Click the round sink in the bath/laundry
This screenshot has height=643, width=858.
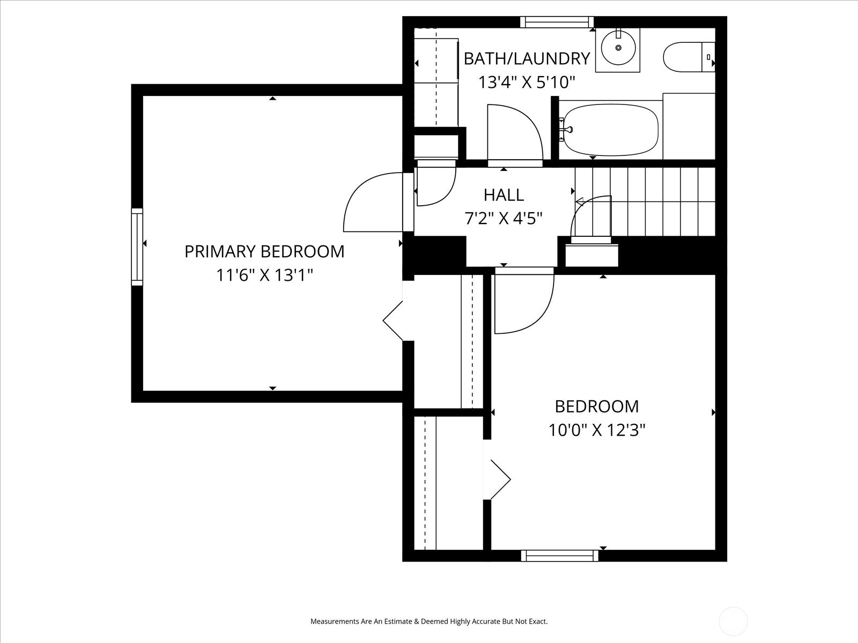tap(618, 48)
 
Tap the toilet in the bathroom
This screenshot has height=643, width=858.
tap(689, 57)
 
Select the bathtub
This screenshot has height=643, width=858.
tap(611, 130)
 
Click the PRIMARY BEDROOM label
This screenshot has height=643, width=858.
tap(264, 251)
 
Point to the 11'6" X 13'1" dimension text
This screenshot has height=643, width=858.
tap(264, 275)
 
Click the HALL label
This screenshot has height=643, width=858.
tap(504, 195)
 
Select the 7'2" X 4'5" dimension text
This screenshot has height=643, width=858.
tap(504, 219)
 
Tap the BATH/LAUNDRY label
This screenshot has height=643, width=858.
tap(527, 58)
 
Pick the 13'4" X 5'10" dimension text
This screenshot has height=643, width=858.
tap(527, 83)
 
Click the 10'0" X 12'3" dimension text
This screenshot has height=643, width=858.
tap(597, 430)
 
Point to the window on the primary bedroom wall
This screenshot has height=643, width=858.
tap(137, 247)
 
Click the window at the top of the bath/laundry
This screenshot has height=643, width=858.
tap(557, 22)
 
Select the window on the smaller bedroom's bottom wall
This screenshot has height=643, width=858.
tap(560, 556)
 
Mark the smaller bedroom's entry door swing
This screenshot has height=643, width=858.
tap(546, 312)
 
